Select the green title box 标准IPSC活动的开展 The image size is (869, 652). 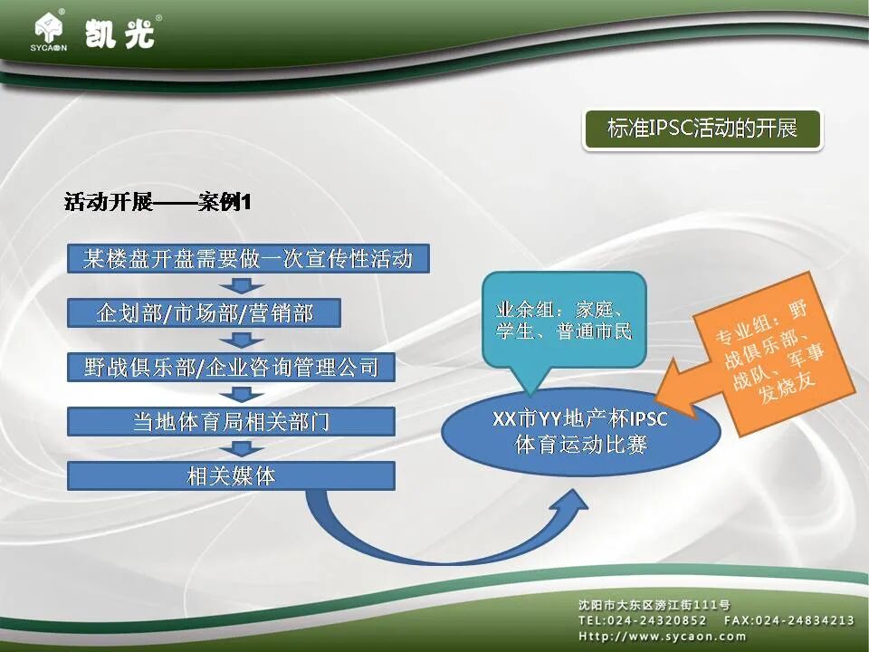(x=702, y=129)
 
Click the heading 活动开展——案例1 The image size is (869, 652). (x=158, y=202)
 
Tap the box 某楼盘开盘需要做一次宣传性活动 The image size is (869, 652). (x=247, y=260)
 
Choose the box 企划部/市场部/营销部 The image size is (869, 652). (x=205, y=313)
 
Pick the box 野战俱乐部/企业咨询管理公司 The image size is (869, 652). (x=231, y=367)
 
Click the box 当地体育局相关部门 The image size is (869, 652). (x=231, y=421)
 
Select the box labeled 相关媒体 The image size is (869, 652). (x=231, y=475)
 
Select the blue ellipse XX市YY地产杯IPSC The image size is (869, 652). (x=580, y=432)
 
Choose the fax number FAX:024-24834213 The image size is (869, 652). (x=788, y=620)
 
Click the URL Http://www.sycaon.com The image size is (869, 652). (x=663, y=636)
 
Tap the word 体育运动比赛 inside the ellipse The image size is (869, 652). (x=580, y=445)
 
